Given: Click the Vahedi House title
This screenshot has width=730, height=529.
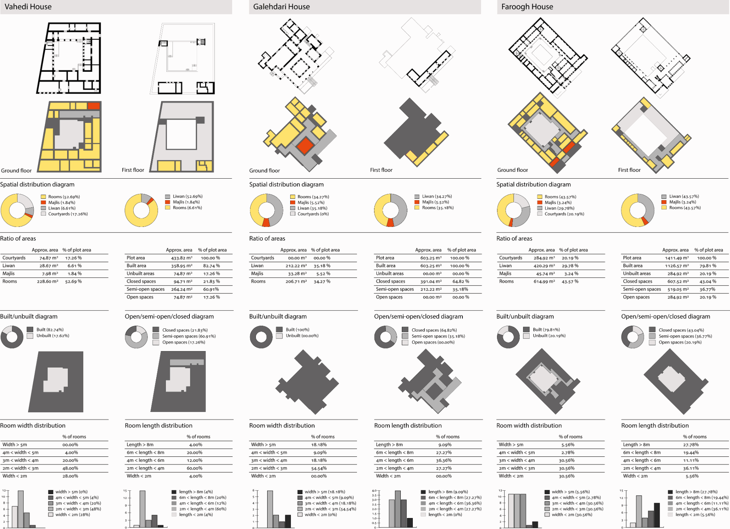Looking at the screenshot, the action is [28, 7].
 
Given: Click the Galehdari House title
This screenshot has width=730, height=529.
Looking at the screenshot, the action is [281, 7].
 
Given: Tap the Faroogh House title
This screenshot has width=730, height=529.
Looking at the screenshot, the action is [527, 7].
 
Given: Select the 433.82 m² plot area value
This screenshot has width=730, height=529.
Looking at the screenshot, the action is [182, 258].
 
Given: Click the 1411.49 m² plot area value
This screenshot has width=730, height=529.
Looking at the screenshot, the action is [677, 258].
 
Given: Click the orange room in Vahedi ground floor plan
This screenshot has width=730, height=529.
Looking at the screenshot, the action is [94, 106].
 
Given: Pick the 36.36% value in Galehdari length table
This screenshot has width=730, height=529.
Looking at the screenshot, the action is [444, 460].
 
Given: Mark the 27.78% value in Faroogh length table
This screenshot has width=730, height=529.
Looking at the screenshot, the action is [691, 445].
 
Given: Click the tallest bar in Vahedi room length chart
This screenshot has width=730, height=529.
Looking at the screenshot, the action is [142, 509].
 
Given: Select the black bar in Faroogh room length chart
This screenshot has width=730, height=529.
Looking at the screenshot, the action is [657, 515].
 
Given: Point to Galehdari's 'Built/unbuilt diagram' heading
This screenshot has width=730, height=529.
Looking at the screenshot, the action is [278, 316].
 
